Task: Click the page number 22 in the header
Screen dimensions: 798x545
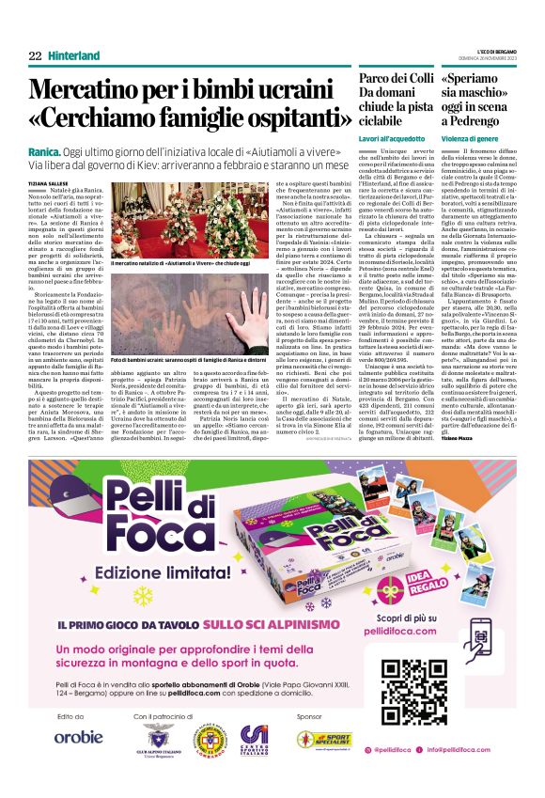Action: point(35,55)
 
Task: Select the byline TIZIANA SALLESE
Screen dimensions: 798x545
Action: point(50,183)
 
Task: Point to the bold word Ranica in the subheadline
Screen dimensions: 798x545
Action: point(44,149)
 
